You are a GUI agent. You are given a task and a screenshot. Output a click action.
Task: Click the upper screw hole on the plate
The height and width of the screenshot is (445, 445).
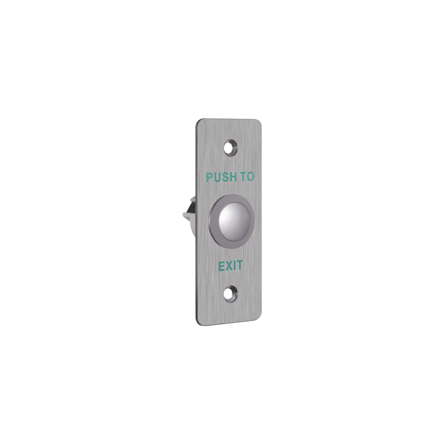231,147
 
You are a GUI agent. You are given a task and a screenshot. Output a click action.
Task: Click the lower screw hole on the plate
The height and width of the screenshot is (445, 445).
230,294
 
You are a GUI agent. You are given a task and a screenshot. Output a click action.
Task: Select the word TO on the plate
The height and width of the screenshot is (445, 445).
248,177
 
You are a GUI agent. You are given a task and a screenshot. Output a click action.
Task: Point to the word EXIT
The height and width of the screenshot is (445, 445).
230,266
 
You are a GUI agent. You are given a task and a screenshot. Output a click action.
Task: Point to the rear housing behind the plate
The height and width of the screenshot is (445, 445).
190,216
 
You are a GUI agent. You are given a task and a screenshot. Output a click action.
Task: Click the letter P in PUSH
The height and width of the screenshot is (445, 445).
209,177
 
